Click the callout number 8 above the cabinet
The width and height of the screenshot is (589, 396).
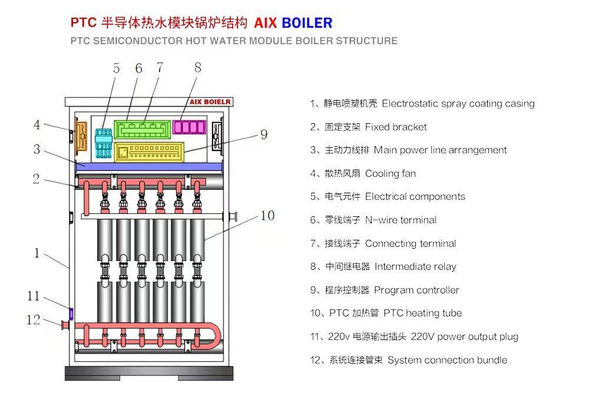point(197,68)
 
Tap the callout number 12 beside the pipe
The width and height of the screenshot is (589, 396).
point(34,320)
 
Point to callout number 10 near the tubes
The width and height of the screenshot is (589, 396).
point(267,216)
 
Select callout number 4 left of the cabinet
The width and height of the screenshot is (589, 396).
point(37,125)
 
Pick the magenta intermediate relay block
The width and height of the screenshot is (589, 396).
point(190,127)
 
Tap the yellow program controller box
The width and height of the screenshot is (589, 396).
point(150,151)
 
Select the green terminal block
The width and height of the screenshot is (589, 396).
point(141,128)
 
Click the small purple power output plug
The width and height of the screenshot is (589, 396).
point(71,313)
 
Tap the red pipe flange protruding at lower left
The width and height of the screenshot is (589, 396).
point(65,325)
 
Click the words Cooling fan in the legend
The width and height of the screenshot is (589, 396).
point(391,173)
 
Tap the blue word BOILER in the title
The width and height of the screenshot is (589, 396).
point(307,23)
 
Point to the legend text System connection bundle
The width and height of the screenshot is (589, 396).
point(447,360)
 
